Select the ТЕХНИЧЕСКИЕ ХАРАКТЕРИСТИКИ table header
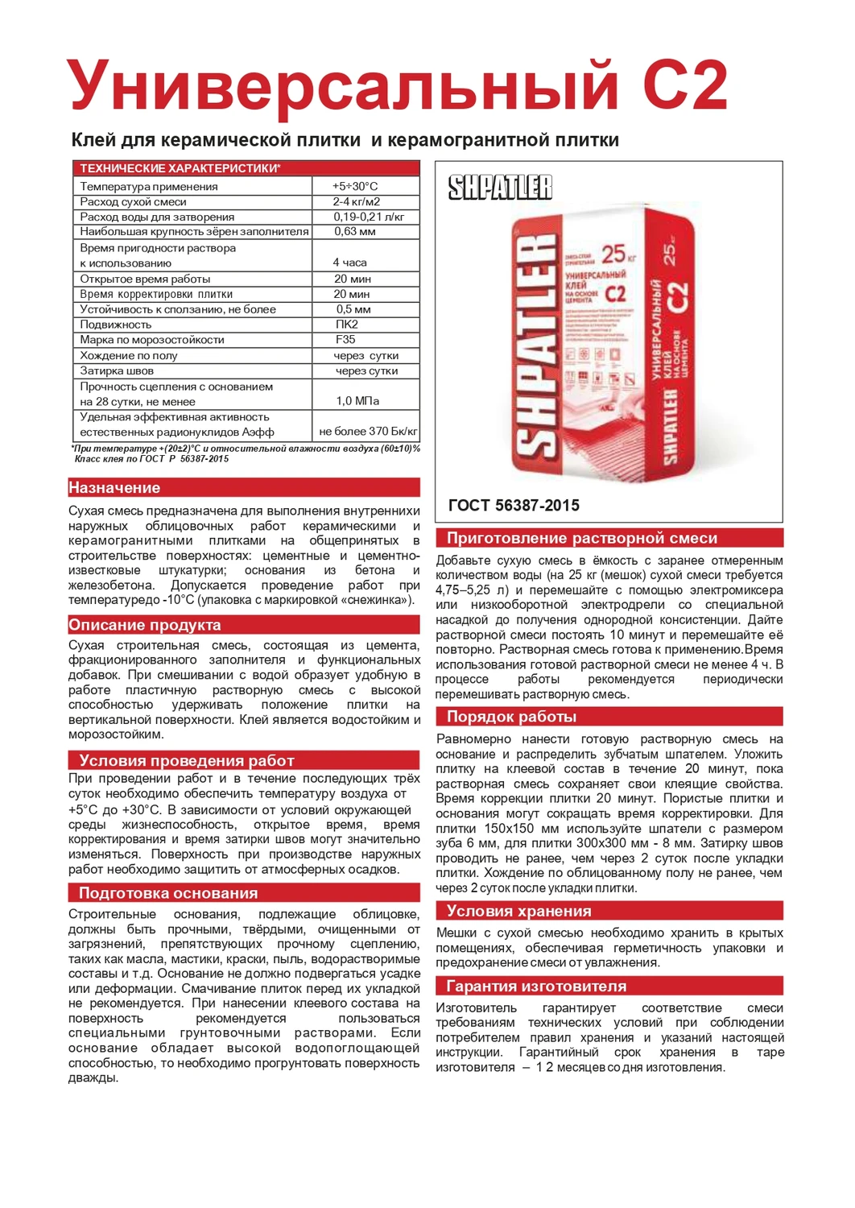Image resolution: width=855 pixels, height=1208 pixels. (180, 168)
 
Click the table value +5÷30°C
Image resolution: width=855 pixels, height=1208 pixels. (354, 186)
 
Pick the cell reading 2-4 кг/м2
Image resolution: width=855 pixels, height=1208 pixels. (356, 201)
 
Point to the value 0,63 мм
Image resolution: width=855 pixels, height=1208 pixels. (355, 232)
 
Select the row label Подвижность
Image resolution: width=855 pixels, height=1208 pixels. (116, 325)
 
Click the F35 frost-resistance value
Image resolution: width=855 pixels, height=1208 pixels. (345, 340)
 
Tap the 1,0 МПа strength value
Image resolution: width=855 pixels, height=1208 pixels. (357, 401)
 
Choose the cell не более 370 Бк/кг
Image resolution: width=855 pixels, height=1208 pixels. (368, 432)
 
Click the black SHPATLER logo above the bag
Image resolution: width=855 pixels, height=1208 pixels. (500, 188)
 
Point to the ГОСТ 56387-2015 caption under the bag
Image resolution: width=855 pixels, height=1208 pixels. (514, 506)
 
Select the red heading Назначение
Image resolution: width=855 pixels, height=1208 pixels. (114, 487)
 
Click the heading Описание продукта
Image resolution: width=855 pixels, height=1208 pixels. (145, 625)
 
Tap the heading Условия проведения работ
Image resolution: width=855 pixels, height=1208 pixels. (186, 760)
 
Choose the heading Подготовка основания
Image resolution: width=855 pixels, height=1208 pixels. (168, 892)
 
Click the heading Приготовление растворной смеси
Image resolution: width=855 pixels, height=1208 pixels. (581, 538)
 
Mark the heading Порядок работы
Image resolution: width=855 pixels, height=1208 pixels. (511, 717)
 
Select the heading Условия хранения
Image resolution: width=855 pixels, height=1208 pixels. (518, 911)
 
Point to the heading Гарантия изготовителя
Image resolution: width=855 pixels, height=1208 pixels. (536, 986)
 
